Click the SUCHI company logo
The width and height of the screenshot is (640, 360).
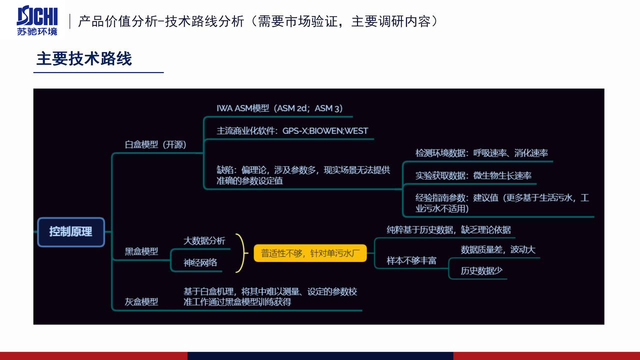tap(37, 20)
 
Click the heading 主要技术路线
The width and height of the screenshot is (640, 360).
tap(84, 58)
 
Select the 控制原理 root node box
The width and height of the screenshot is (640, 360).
tap(71, 231)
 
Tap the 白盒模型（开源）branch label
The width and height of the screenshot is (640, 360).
tap(155, 144)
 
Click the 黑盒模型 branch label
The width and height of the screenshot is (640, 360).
tap(141, 251)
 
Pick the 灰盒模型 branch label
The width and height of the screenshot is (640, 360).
tap(141, 301)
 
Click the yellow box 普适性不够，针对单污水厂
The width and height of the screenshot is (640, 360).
tap(310, 253)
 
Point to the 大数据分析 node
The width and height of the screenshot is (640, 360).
tap(204, 241)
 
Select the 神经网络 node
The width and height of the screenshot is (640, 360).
tap(200, 262)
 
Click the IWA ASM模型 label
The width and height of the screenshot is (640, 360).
tap(243, 108)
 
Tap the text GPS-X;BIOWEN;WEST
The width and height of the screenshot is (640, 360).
tap(325, 131)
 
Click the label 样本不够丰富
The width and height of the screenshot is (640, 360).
tap(411, 260)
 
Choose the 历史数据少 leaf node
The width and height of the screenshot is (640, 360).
tap(481, 270)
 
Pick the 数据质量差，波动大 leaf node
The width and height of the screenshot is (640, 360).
tap(498, 249)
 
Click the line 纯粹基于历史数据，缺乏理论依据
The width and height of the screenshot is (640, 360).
tap(448, 229)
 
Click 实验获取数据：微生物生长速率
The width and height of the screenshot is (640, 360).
tap(473, 175)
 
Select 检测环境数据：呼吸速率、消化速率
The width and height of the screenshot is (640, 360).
tap(481, 153)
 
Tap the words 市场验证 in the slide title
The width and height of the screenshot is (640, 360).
tap(311, 21)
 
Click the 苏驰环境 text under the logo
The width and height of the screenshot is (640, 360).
tap(37, 31)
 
